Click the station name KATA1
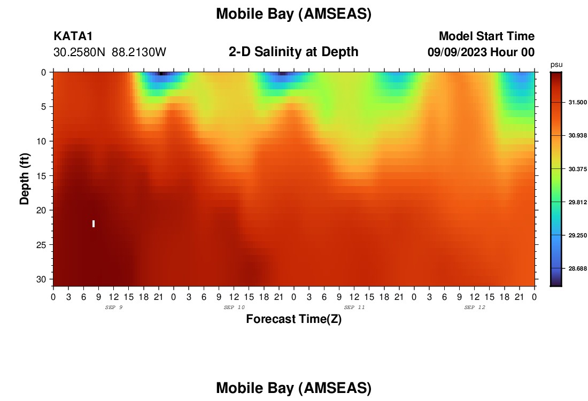pos(73,36)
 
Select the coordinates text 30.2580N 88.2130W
pos(110,52)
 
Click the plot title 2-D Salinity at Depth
pos(293,52)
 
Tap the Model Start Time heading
pos(486,36)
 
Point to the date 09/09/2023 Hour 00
pos(481,52)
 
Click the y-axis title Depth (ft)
pos(25,179)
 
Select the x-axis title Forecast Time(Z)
pos(293,319)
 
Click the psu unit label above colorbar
pos(556,65)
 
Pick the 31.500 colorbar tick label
pos(577,103)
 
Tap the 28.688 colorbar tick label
pos(577,268)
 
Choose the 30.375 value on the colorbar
pos(577,169)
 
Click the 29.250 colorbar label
pos(577,236)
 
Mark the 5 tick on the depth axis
pos(43,107)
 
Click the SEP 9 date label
pos(114,307)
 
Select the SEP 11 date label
pos(354,307)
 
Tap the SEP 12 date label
pos(475,307)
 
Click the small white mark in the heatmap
pos(94,223)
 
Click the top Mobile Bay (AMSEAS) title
pos(293,14)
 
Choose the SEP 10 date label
pos(234,307)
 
